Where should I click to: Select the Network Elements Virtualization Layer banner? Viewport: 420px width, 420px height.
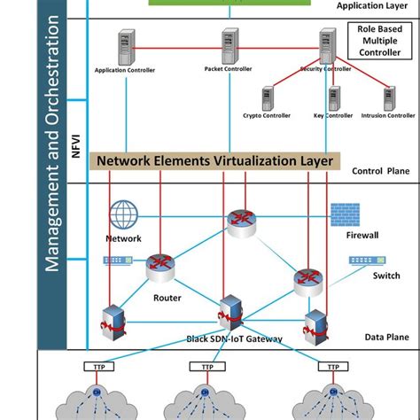click(215, 161)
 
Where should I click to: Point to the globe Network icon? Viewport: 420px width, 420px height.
click(124, 216)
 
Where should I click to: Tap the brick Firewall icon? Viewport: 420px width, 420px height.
click(345, 214)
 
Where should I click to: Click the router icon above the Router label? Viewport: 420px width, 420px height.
click(161, 266)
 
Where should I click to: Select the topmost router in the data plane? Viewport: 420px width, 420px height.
click(240, 222)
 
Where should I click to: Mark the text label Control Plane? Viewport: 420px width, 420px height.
click(380, 171)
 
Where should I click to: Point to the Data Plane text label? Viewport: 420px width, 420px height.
click(386, 338)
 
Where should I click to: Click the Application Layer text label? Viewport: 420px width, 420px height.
click(372, 5)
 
